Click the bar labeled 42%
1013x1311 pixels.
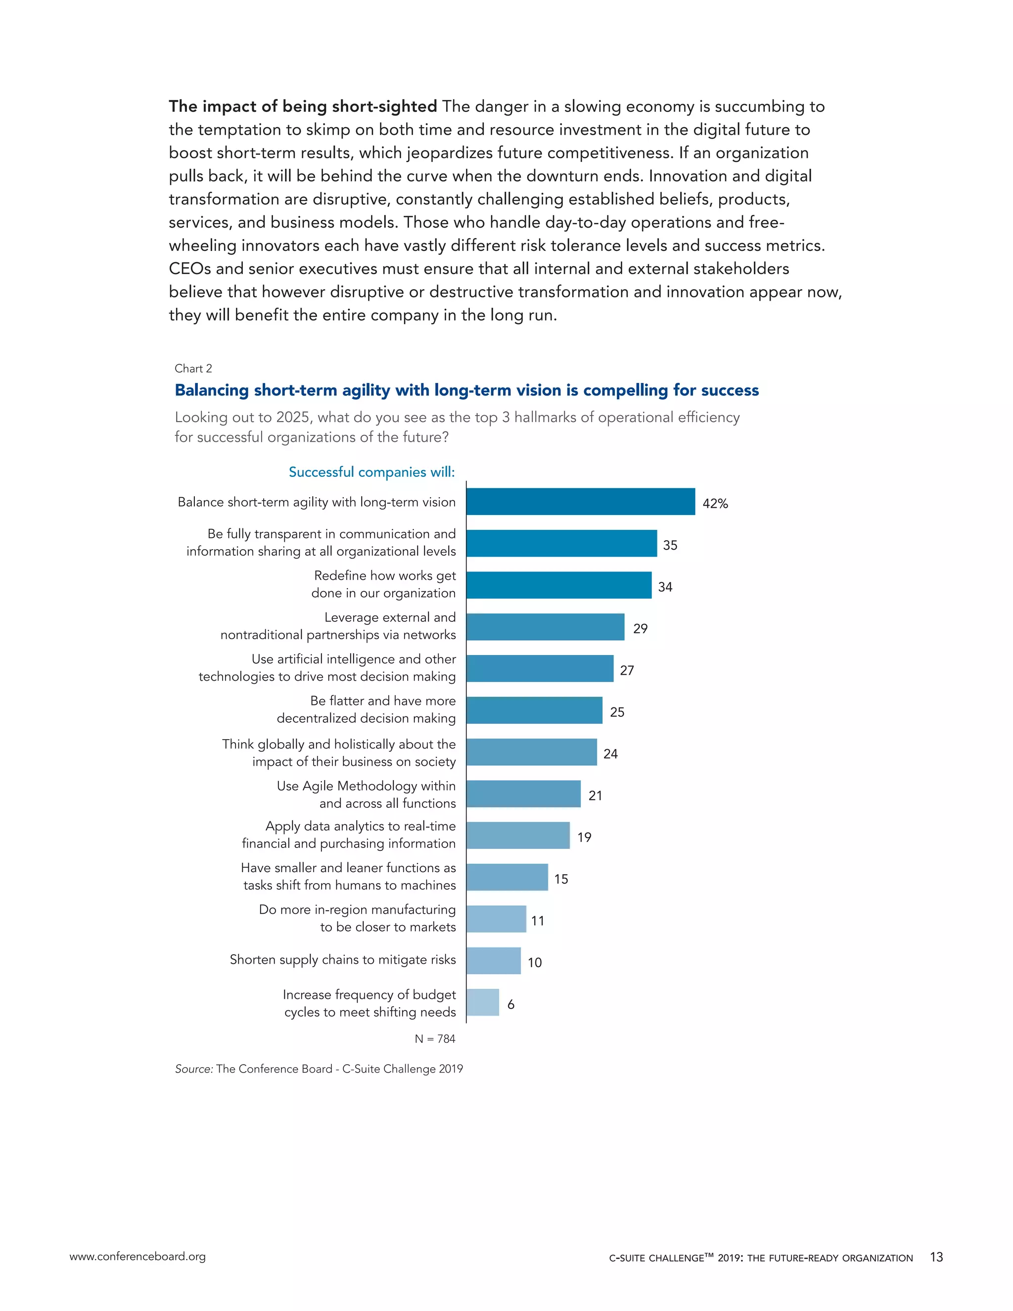point(580,501)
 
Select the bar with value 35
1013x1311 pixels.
point(561,543)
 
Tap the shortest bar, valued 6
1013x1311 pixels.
point(482,1002)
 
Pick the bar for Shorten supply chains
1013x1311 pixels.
point(493,960)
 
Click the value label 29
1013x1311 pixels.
point(641,628)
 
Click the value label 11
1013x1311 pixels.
point(538,920)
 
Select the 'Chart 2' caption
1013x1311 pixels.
point(193,369)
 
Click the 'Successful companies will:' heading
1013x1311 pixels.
point(371,472)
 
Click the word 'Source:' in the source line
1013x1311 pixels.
point(194,1069)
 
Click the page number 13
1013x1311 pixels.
point(936,1257)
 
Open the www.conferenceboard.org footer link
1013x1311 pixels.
point(138,1257)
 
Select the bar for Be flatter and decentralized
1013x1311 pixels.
point(534,710)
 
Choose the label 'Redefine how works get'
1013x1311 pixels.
point(385,576)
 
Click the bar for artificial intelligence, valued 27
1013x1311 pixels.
point(540,668)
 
